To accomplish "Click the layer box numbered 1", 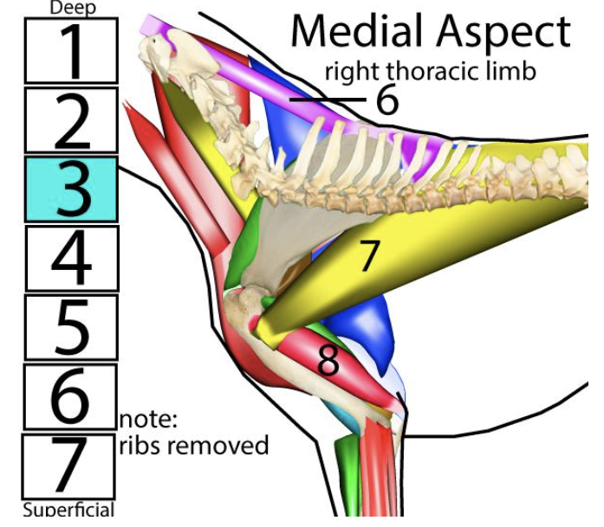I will [x=69, y=51].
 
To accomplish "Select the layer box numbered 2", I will [x=69, y=120].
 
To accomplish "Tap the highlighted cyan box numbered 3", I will [x=69, y=189].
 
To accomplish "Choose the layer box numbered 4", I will [x=69, y=258].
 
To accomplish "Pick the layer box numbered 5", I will [x=69, y=327].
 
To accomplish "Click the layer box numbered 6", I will [x=69, y=396].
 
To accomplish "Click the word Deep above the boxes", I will [x=72, y=8].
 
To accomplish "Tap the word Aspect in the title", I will [x=503, y=32].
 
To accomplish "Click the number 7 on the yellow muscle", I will [x=369, y=257].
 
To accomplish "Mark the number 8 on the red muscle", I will [x=328, y=362].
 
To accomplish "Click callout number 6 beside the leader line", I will [x=386, y=101].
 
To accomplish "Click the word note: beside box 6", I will [x=148, y=421].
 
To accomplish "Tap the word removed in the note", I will [x=217, y=446].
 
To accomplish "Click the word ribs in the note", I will [x=139, y=446].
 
